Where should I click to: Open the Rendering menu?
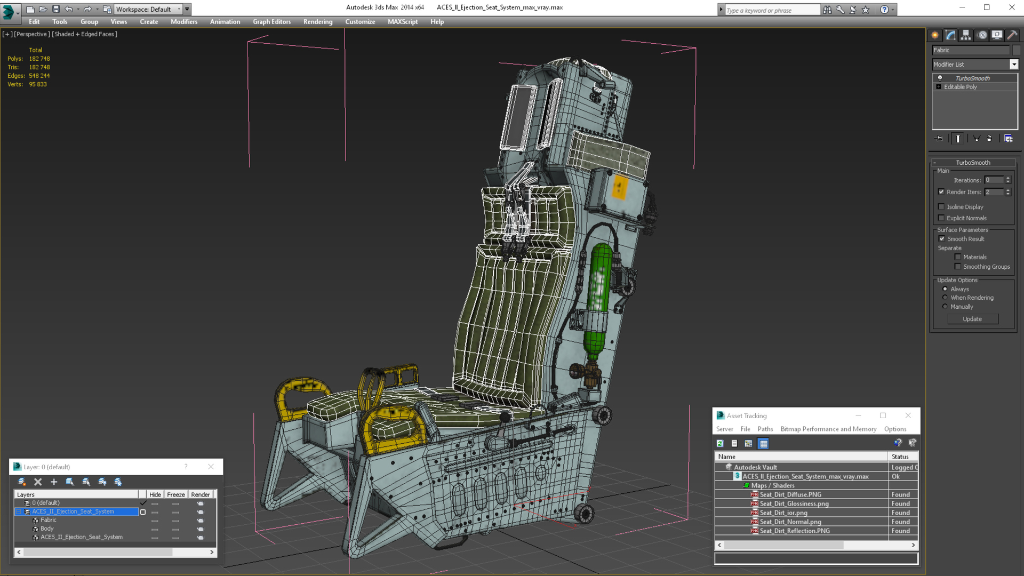pyautogui.click(x=317, y=22)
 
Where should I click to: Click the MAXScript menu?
pyautogui.click(x=402, y=22)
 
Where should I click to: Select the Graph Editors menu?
pyautogui.click(x=271, y=22)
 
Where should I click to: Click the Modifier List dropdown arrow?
pyautogui.click(x=1013, y=65)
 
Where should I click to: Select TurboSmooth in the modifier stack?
pyautogui.click(x=972, y=78)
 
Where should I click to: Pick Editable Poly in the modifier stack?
pyautogui.click(x=960, y=87)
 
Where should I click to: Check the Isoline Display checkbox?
pyautogui.click(x=941, y=207)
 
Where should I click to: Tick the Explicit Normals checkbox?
pyautogui.click(x=941, y=218)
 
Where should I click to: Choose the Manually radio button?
pyautogui.click(x=945, y=307)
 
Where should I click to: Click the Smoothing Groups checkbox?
pyautogui.click(x=958, y=267)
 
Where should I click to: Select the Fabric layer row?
pyautogui.click(x=48, y=520)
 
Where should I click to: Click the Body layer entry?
pyautogui.click(x=47, y=529)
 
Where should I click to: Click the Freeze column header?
pyautogui.click(x=175, y=494)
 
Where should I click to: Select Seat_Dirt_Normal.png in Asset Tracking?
pyautogui.click(x=790, y=522)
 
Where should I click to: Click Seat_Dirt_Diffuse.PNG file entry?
pyautogui.click(x=790, y=494)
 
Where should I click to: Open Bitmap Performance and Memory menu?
pyautogui.click(x=828, y=429)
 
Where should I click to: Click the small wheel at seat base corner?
pyautogui.click(x=584, y=514)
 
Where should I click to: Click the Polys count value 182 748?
pyautogui.click(x=39, y=59)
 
